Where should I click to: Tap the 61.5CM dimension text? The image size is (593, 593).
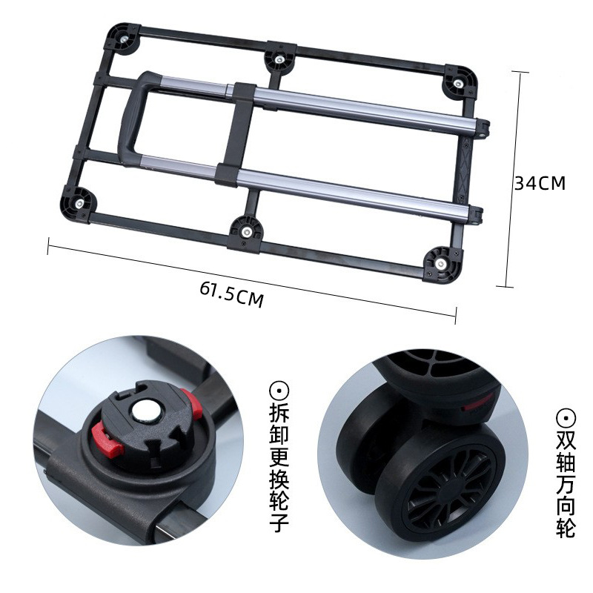pos(231,294)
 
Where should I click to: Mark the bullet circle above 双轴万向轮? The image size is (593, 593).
pos(565,417)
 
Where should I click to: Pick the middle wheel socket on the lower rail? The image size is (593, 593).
pos(244,229)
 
